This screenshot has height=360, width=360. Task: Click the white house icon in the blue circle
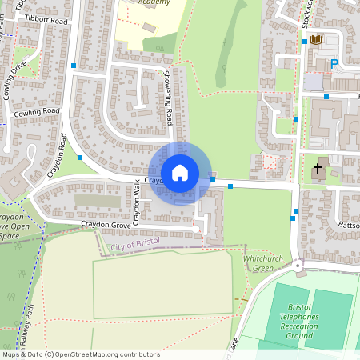click(180, 173)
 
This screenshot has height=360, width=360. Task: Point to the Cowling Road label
click(37, 113)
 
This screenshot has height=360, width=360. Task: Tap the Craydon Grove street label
click(105, 226)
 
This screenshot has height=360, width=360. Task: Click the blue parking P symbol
click(334, 63)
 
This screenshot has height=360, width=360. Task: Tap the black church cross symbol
click(318, 170)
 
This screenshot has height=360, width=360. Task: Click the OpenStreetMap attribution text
click(80, 354)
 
